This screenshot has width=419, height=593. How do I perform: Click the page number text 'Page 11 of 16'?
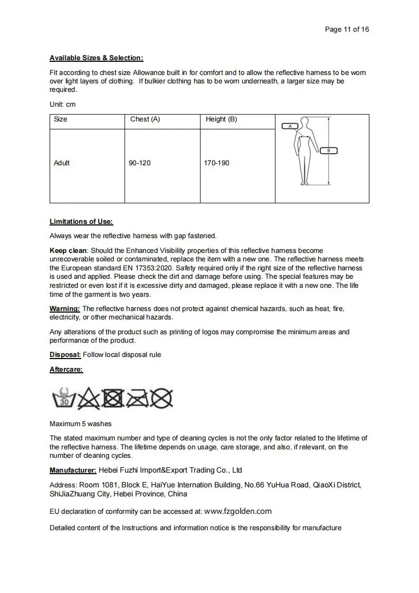pos(347,30)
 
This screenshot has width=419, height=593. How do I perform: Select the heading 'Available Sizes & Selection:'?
pos(96,58)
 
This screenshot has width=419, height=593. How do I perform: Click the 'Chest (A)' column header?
pos(145,119)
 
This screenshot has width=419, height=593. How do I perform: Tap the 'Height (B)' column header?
pos(221,119)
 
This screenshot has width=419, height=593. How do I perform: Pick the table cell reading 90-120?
pos(140,163)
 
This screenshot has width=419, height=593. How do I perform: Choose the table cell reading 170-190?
pos(216,163)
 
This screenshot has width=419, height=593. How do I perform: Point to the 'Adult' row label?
pos(62,163)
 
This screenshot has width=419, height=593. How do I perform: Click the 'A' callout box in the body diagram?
pos(290,126)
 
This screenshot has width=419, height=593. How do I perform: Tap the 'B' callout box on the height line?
pos(329,150)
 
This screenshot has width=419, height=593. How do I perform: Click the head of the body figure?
pos(306,123)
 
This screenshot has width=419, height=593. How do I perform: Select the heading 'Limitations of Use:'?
pos(81,222)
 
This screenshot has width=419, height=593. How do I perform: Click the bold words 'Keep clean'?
pos(68,250)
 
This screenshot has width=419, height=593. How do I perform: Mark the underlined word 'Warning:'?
pos(65,308)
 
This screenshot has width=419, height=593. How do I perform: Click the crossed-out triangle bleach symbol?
pos(89,399)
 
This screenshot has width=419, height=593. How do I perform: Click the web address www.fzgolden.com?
pos(237,511)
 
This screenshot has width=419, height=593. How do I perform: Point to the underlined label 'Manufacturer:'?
pos(73,470)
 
